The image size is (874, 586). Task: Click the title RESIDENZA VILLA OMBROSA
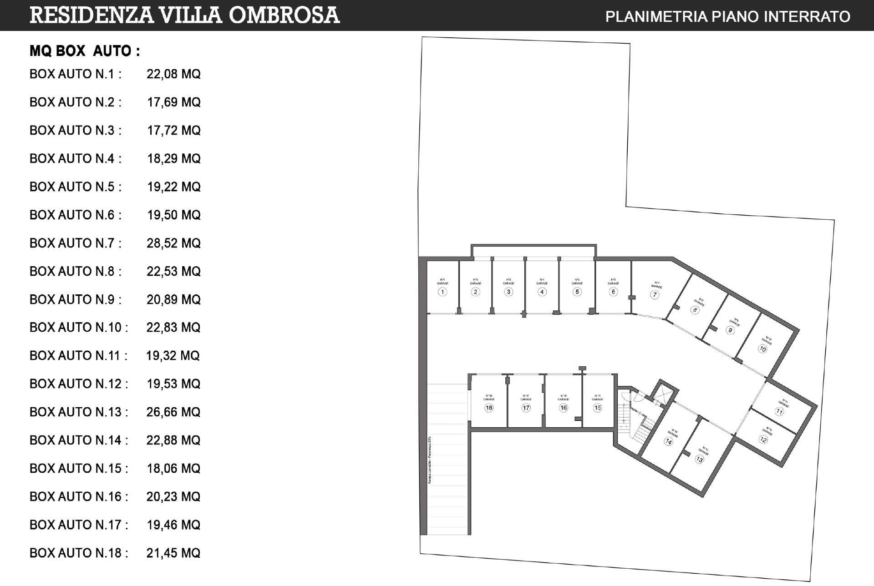(x=184, y=15)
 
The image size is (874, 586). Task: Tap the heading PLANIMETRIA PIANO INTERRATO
(x=727, y=16)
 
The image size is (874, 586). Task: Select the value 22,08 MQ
(x=173, y=74)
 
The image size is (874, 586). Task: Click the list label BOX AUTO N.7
(x=75, y=243)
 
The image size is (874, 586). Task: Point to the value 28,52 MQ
(x=173, y=243)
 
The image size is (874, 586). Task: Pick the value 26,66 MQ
(x=173, y=412)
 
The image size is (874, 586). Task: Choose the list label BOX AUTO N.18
(x=78, y=553)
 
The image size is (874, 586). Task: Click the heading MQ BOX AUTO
(x=84, y=51)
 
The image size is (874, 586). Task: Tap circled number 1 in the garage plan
(x=442, y=292)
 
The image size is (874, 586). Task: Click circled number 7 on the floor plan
(x=655, y=294)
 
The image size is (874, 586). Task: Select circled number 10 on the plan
(x=762, y=349)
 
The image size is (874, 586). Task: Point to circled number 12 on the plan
(x=763, y=439)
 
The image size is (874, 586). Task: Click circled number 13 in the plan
(x=700, y=459)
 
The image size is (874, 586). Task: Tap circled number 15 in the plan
(x=597, y=408)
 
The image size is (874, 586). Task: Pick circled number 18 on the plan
(x=489, y=408)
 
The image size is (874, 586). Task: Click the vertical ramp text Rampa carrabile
(x=429, y=460)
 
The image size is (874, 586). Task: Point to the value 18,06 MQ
(x=173, y=468)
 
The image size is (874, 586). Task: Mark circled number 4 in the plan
(x=542, y=292)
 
